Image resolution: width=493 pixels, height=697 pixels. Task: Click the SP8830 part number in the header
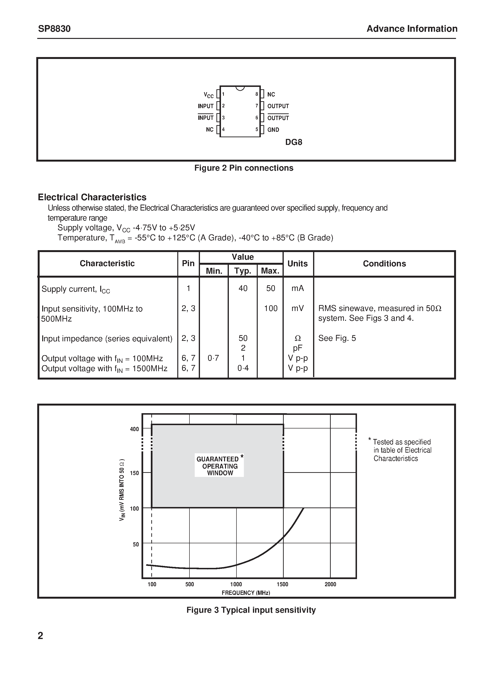[x=54, y=29]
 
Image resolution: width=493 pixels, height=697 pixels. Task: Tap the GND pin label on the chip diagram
[x=273, y=130]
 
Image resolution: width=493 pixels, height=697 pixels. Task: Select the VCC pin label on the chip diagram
[x=209, y=95]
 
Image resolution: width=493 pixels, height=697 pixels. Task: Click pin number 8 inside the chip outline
[x=257, y=94]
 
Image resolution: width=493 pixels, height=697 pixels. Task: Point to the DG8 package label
[x=294, y=142]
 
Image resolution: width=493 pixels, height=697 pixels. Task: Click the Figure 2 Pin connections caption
[x=244, y=168]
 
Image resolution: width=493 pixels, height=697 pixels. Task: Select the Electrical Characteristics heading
[x=92, y=197]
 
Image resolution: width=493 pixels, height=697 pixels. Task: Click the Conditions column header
[x=384, y=264]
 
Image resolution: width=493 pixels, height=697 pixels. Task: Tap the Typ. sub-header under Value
[x=242, y=271]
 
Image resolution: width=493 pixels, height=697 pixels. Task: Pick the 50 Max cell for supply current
[x=271, y=288]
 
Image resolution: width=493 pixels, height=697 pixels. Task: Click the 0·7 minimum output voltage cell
[x=213, y=358]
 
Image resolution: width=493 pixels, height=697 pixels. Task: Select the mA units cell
[x=298, y=288]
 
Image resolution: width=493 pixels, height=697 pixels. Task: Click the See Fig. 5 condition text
[x=337, y=338]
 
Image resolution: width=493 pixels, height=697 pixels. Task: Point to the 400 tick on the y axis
[x=134, y=429]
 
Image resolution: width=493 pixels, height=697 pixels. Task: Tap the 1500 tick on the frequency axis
[x=282, y=584]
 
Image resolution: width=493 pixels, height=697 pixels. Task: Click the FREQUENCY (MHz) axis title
[x=246, y=593]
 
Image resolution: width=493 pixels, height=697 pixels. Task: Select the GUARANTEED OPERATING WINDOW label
[x=219, y=466]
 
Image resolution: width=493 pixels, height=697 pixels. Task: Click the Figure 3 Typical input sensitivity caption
[x=251, y=610]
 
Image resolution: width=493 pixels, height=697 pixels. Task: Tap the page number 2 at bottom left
[x=40, y=636]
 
